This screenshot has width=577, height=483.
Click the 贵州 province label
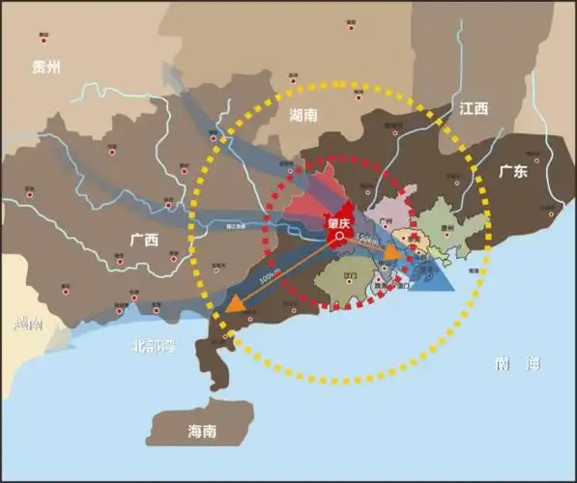(x=45, y=67)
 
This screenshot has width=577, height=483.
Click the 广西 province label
(x=145, y=238)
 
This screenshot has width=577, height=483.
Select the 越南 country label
(x=22, y=325)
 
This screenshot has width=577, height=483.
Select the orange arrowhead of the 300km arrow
(x=236, y=303)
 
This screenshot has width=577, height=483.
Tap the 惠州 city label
(x=447, y=228)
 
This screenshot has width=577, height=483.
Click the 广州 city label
(x=388, y=221)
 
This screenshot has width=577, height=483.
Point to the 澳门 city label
(x=405, y=286)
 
